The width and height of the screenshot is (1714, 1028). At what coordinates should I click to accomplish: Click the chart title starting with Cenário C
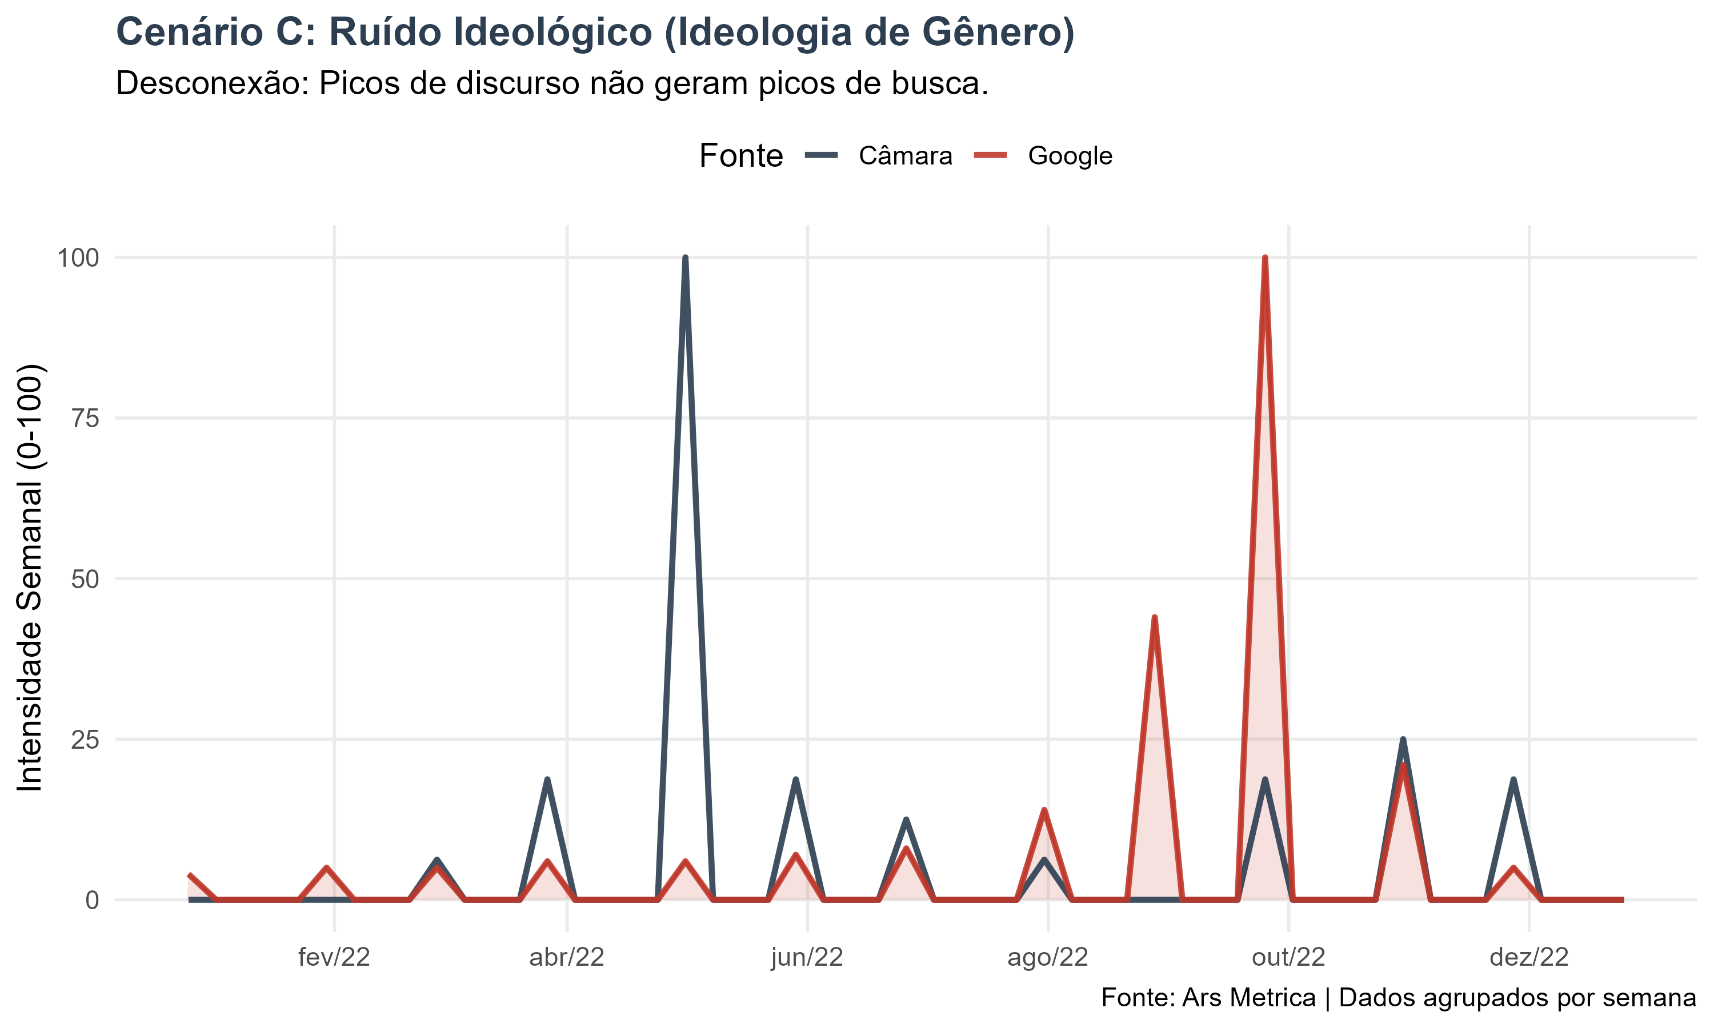(594, 33)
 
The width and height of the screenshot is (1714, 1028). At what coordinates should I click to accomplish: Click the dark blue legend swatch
(821, 154)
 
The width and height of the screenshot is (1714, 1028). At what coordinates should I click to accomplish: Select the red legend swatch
(990, 154)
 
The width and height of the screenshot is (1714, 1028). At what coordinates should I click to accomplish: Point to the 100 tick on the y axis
(78, 258)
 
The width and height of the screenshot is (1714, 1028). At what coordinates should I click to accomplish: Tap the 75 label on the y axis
(85, 419)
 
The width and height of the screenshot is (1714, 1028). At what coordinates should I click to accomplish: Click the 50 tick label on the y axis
(85, 579)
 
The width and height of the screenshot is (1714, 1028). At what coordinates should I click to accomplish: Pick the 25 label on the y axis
(85, 740)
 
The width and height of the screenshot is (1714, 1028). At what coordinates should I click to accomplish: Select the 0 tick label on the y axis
(92, 901)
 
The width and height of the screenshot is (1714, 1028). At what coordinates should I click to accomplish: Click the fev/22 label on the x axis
(334, 957)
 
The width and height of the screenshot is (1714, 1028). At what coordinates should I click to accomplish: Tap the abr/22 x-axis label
(567, 957)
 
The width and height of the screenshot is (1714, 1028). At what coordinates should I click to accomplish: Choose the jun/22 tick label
(807, 957)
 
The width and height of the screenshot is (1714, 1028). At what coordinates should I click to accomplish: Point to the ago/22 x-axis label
(1047, 957)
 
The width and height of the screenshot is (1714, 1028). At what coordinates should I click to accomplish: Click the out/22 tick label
(1288, 957)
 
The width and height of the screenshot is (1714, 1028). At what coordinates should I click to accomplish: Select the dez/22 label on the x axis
(1529, 957)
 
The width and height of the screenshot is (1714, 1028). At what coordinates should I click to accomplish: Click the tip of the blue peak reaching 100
(685, 258)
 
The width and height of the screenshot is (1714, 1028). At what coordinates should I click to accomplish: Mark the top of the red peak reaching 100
(1265, 258)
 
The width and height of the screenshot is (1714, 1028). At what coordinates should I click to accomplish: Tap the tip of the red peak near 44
(1154, 617)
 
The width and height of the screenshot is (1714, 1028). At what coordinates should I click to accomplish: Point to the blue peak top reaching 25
(1403, 741)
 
